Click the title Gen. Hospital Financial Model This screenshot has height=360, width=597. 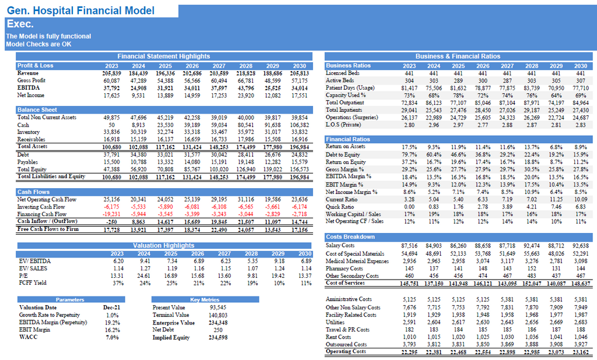click(x=80, y=10)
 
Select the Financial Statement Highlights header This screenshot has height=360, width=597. click(x=164, y=57)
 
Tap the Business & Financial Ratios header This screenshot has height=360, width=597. click(x=458, y=57)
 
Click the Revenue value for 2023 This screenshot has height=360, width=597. click(x=111, y=73)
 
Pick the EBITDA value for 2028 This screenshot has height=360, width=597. click(x=245, y=88)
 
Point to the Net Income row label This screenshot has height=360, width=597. click(x=30, y=95)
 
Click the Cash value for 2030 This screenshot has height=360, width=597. click(x=299, y=125)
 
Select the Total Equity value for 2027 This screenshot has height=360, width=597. click(x=219, y=170)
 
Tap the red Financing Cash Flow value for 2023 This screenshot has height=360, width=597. click(x=111, y=214)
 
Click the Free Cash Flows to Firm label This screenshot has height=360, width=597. click(x=48, y=229)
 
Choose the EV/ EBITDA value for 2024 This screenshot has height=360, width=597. click(x=145, y=261)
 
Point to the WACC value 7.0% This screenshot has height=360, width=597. click(x=112, y=337)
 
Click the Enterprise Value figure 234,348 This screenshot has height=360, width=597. click(x=218, y=323)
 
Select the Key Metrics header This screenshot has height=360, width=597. click(x=205, y=300)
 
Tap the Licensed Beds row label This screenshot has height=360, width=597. click(x=342, y=73)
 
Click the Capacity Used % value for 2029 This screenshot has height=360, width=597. click(x=556, y=95)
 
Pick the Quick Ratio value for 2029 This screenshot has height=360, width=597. click(x=556, y=207)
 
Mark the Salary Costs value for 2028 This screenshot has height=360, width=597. click(x=532, y=246)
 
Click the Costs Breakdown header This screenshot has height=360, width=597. click(x=350, y=237)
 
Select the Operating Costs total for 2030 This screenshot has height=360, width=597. click(x=580, y=352)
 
